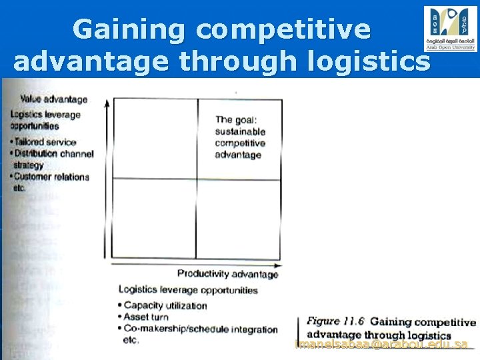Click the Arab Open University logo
tap(450, 28)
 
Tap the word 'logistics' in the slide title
tap(373, 61)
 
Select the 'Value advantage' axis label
tap(54, 99)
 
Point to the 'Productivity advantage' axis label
tap(227, 273)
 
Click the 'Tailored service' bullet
tap(46, 142)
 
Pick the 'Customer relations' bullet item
tap(51, 177)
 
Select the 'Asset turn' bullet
tap(146, 317)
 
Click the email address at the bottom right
tap(382, 345)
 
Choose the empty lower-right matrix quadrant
tap(238, 219)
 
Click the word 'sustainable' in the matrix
tap(240, 132)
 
